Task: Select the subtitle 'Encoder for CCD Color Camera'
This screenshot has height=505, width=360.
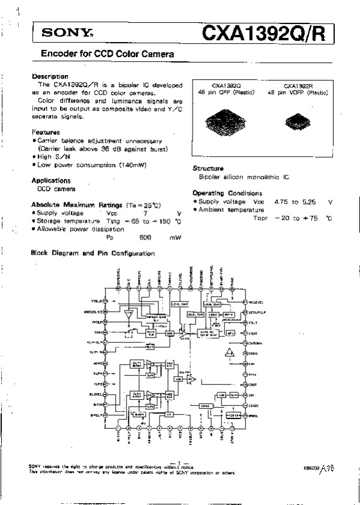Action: pos(107,54)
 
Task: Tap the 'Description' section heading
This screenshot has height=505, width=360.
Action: pos(50,76)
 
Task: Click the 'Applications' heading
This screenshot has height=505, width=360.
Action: pos(51,180)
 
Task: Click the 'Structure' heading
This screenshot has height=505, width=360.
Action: pos(208,169)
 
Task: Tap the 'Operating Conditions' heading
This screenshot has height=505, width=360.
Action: pos(227,193)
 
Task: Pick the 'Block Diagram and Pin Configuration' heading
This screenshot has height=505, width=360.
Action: pos(93,253)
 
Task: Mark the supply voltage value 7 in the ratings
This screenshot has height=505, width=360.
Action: pos(145,213)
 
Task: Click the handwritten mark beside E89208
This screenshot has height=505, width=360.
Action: pos(325,466)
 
